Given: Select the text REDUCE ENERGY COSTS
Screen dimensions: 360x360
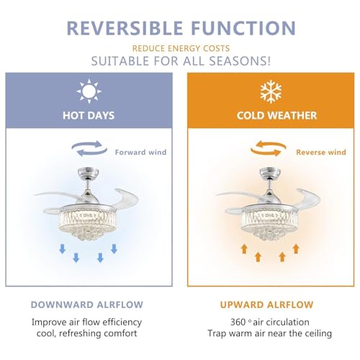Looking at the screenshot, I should pyautogui.click(x=180, y=48).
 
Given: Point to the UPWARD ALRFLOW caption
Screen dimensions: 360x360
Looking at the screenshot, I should pyautogui.click(x=266, y=305).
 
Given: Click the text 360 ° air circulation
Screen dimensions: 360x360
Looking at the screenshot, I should pyautogui.click(x=266, y=322).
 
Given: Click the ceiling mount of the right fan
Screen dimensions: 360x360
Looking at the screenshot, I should pyautogui.click(x=268, y=175).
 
